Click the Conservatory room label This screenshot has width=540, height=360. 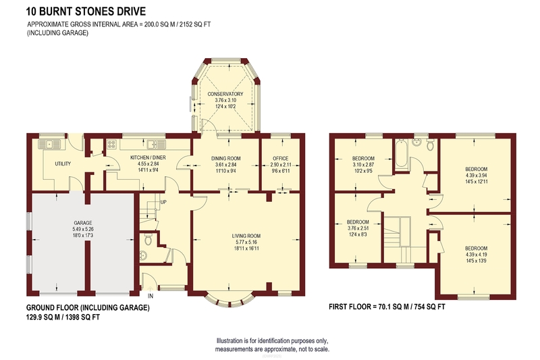click(225, 94)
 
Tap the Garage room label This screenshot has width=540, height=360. click(83, 223)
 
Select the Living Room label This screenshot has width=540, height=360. click(246, 236)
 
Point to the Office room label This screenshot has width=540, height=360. click(281, 159)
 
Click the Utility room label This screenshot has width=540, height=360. click(63, 163)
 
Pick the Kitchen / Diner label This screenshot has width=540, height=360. click(148, 157)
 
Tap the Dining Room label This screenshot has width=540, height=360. click(226, 159)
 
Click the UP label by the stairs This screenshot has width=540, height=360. click(163, 202)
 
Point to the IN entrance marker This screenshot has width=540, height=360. click(151, 296)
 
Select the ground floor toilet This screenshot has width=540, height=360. click(148, 238)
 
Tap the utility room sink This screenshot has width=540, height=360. click(49, 144)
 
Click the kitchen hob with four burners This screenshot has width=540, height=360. click(111, 144)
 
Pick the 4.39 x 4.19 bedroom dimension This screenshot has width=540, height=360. click(477, 255)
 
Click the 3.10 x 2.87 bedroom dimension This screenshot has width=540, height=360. click(363, 165)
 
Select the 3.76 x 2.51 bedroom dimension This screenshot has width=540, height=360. click(358, 228)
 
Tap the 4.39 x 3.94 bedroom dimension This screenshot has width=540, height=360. click(477, 176)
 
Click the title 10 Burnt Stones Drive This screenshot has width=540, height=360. click(86, 11)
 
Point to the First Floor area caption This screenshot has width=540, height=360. click(387, 307)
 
